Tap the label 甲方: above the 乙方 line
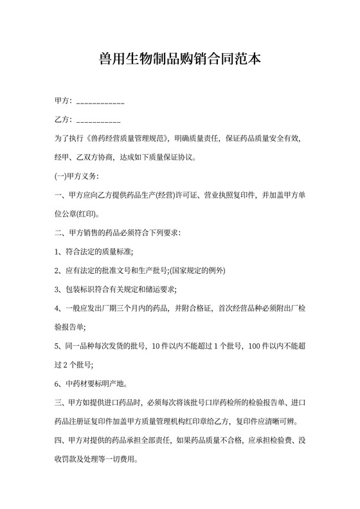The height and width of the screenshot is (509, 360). [x=64, y=101]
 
